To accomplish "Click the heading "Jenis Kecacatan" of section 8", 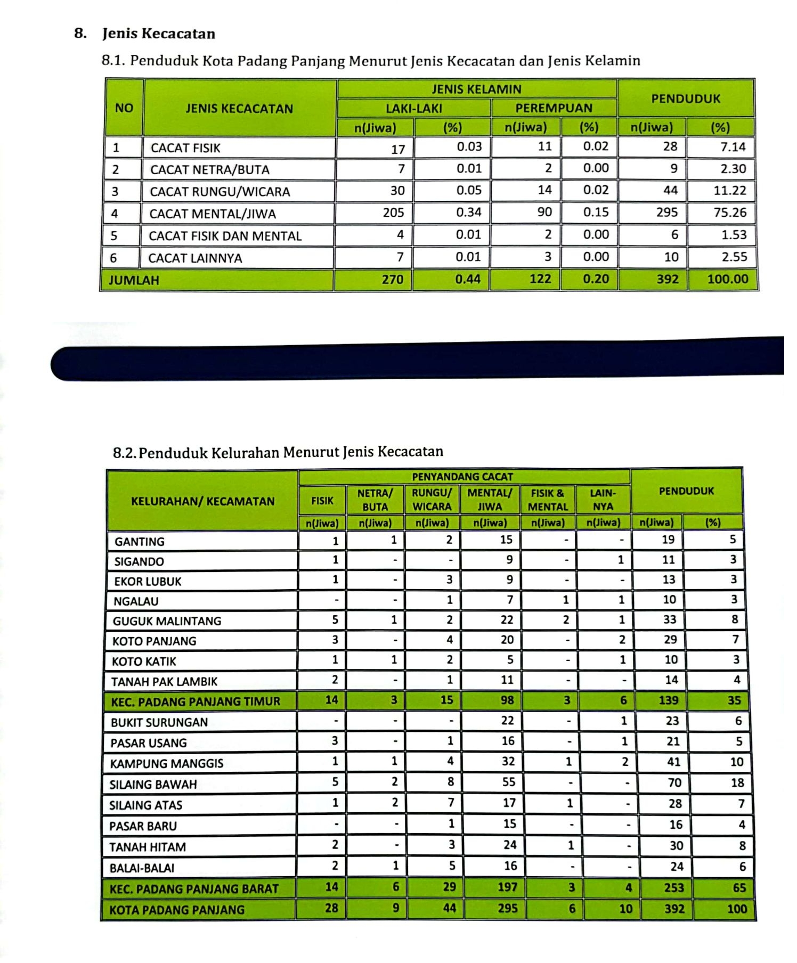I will pyautogui.click(x=159, y=34).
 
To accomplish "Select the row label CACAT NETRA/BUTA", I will pyautogui.click(x=209, y=170).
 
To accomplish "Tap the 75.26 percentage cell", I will pyautogui.click(x=730, y=213).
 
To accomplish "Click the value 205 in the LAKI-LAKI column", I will pyautogui.click(x=393, y=213).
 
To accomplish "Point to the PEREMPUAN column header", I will pyautogui.click(x=554, y=108).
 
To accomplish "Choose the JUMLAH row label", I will pyautogui.click(x=134, y=280).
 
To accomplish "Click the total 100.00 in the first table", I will pyautogui.click(x=727, y=279).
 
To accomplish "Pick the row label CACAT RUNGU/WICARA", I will pyautogui.click(x=219, y=192).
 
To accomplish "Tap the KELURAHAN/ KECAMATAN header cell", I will pyautogui.click(x=202, y=501).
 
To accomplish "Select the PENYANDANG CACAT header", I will pyautogui.click(x=462, y=477).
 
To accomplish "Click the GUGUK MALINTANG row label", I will pyautogui.click(x=167, y=621).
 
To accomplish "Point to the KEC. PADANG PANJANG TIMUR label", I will pyautogui.click(x=195, y=701).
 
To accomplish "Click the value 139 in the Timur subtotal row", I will pyautogui.click(x=669, y=700).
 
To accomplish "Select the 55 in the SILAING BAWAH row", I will pyautogui.click(x=509, y=782).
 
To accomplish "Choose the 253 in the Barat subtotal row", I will pyautogui.click(x=673, y=887).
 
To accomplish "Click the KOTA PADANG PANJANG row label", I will pyautogui.click(x=176, y=910).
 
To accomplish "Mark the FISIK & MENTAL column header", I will pyautogui.click(x=548, y=500).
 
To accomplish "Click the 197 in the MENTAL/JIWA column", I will pyautogui.click(x=507, y=887).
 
